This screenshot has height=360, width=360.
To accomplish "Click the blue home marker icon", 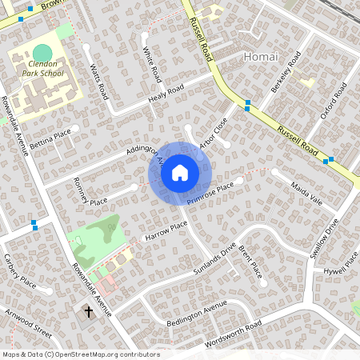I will pyautogui.click(x=180, y=172).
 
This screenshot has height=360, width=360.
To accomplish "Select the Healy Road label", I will pyautogui.click(x=166, y=94).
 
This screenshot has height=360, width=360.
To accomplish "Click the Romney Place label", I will pyautogui.click(x=89, y=190).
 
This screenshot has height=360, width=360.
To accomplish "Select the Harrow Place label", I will pyautogui.click(x=164, y=230).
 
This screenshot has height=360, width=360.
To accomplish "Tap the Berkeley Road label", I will pyautogui.click(x=286, y=73).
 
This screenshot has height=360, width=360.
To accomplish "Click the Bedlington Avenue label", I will pyautogui.click(x=192, y=315).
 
